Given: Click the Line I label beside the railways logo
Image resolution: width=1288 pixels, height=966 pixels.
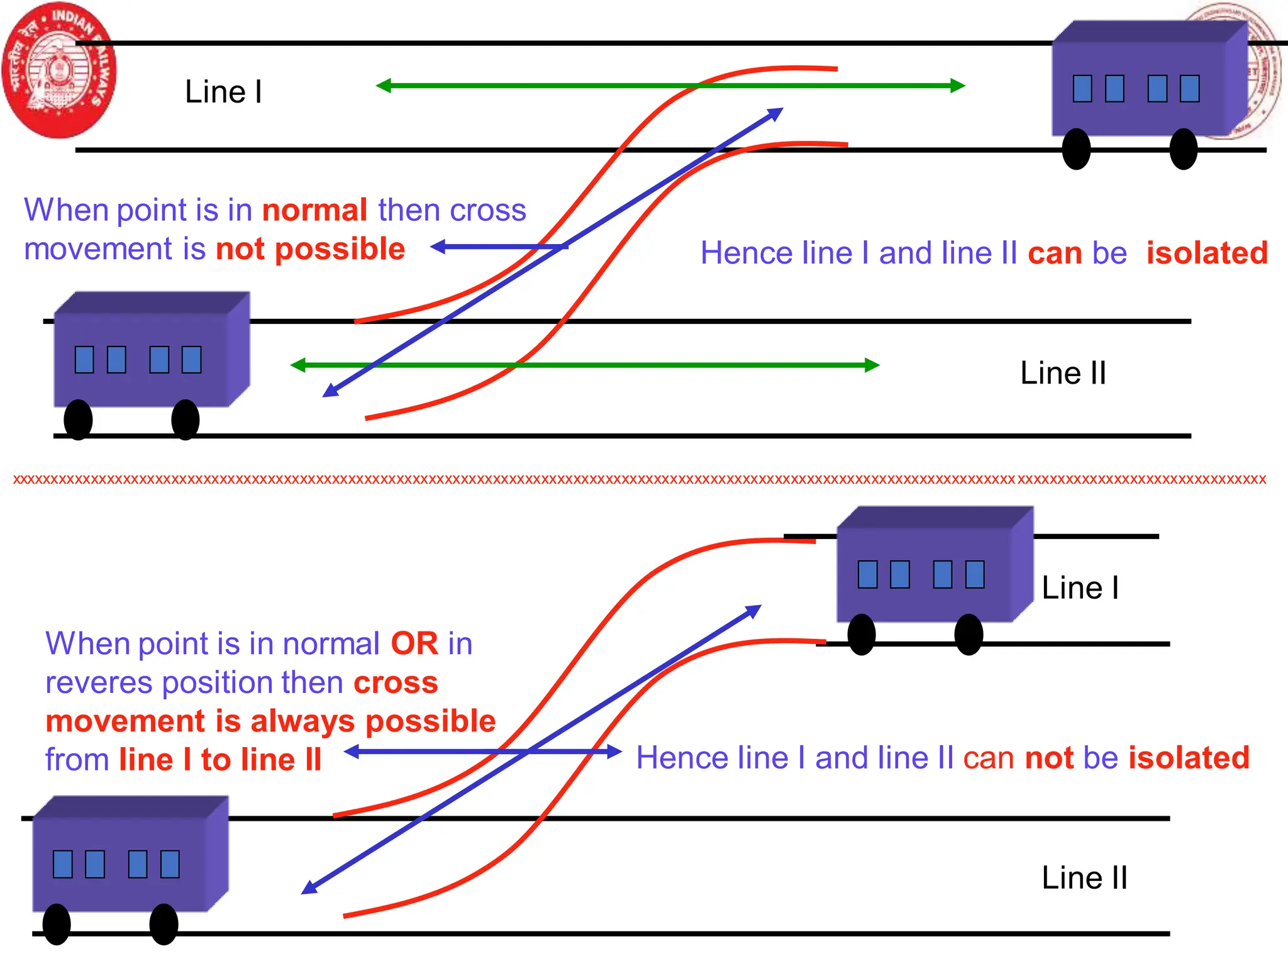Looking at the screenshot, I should click(x=223, y=92).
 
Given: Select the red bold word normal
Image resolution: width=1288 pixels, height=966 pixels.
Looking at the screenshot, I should click(x=314, y=210).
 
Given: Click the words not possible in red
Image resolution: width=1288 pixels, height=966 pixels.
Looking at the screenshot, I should click(x=310, y=250).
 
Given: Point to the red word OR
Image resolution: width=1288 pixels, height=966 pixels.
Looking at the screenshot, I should click(x=414, y=644).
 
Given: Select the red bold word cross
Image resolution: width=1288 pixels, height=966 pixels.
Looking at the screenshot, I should click(x=396, y=683).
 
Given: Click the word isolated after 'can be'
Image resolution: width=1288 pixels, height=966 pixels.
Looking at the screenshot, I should click(x=1207, y=253).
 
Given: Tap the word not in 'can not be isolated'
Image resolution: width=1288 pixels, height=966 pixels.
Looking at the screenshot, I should click(x=1049, y=758).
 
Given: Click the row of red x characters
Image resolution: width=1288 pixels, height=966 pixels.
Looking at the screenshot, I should click(x=639, y=480).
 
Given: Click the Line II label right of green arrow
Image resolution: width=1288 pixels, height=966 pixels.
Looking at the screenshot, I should click(x=1063, y=373).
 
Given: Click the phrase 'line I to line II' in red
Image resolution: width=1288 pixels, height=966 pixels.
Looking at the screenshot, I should click(x=220, y=760).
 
